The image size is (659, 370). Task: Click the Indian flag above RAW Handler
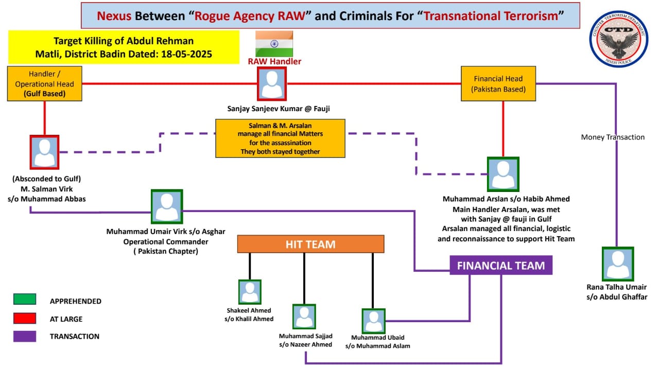[274, 44]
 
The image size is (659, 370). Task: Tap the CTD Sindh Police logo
[619, 39]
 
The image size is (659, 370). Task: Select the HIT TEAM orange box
[310, 244]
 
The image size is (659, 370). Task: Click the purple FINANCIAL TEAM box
[501, 266]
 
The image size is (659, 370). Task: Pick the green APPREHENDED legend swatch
[25, 299]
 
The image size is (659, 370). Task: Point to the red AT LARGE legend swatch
[25, 318]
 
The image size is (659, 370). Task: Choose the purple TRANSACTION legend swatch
[25, 336]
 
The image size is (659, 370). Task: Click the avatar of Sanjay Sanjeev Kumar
[272, 84]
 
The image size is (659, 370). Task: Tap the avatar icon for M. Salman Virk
[44, 152]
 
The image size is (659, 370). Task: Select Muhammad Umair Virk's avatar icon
[167, 206]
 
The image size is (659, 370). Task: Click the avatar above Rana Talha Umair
[618, 264]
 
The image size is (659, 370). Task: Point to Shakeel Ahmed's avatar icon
[250, 292]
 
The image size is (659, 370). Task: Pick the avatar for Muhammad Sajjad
[304, 316]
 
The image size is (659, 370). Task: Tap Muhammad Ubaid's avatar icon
[374, 321]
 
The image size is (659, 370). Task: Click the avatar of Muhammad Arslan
[503, 174]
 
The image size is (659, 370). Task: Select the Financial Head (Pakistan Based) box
[498, 84]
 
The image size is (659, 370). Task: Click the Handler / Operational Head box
[45, 83]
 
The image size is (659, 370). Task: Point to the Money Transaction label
[613, 137]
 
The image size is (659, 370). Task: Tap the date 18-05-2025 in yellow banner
[186, 54]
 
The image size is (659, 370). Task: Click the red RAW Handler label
[274, 61]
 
